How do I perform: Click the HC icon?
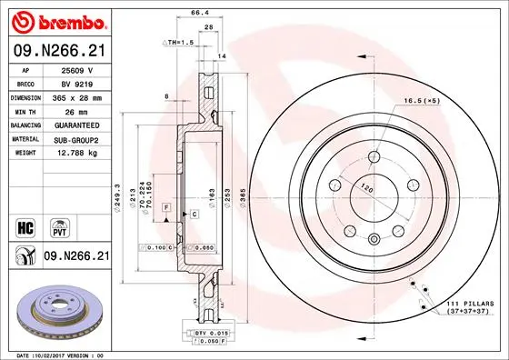pyautogui.click(x=26, y=225)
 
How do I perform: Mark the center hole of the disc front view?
pyautogui.click(x=374, y=194)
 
